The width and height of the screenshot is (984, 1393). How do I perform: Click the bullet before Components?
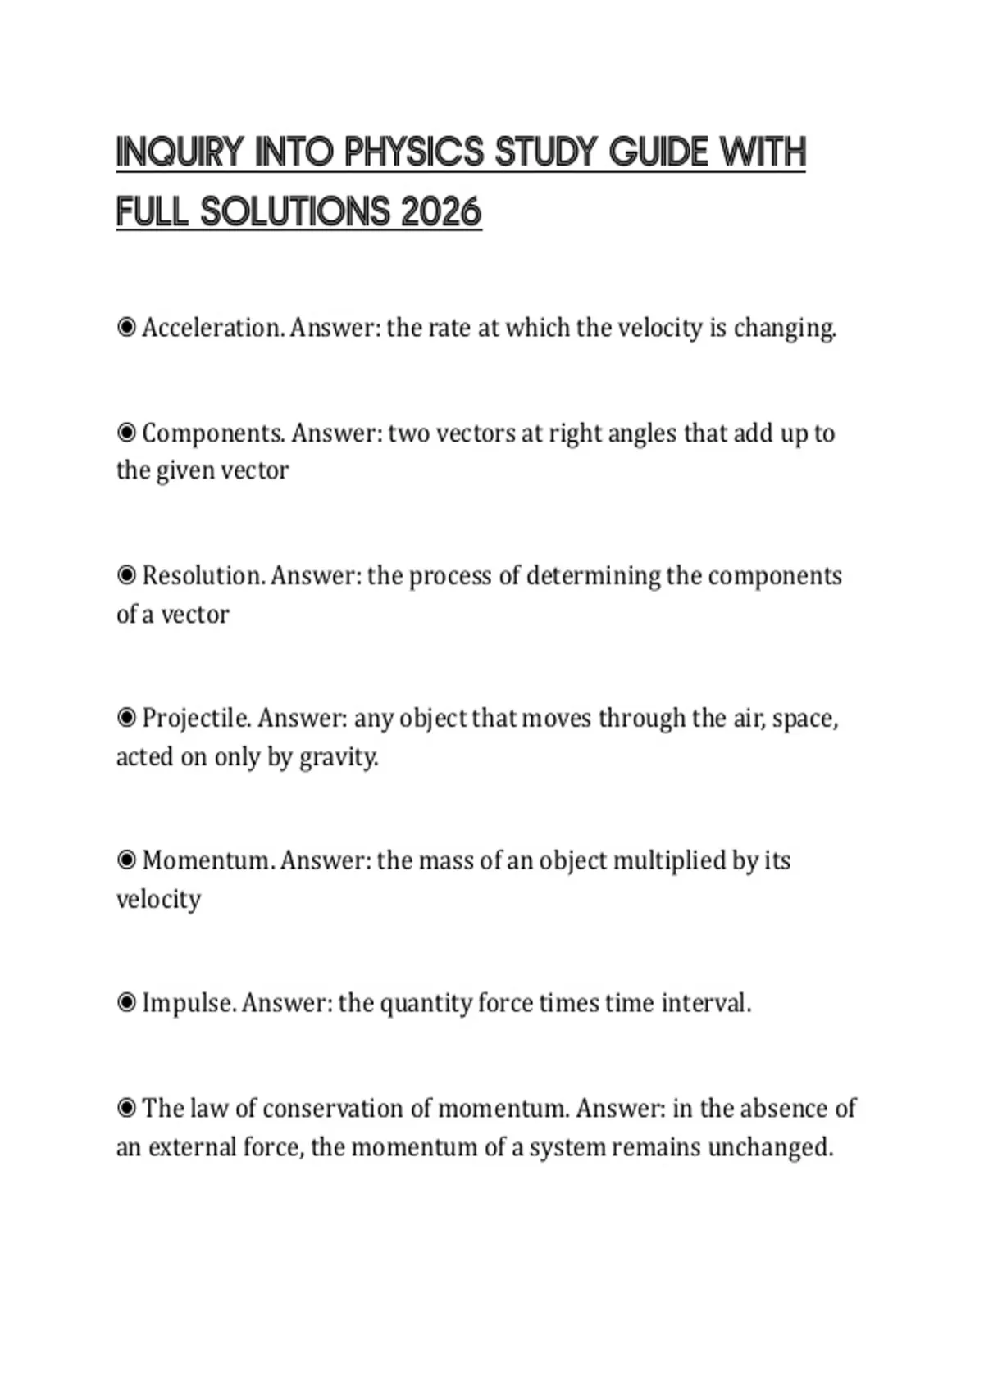[126, 432]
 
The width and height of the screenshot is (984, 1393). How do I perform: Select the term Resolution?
[203, 575]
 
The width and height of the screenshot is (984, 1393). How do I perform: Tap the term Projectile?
[196, 718]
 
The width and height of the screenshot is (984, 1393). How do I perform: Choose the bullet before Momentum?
[126, 860]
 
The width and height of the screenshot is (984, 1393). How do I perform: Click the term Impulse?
[189, 1003]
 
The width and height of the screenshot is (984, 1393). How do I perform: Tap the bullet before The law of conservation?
[126, 1108]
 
